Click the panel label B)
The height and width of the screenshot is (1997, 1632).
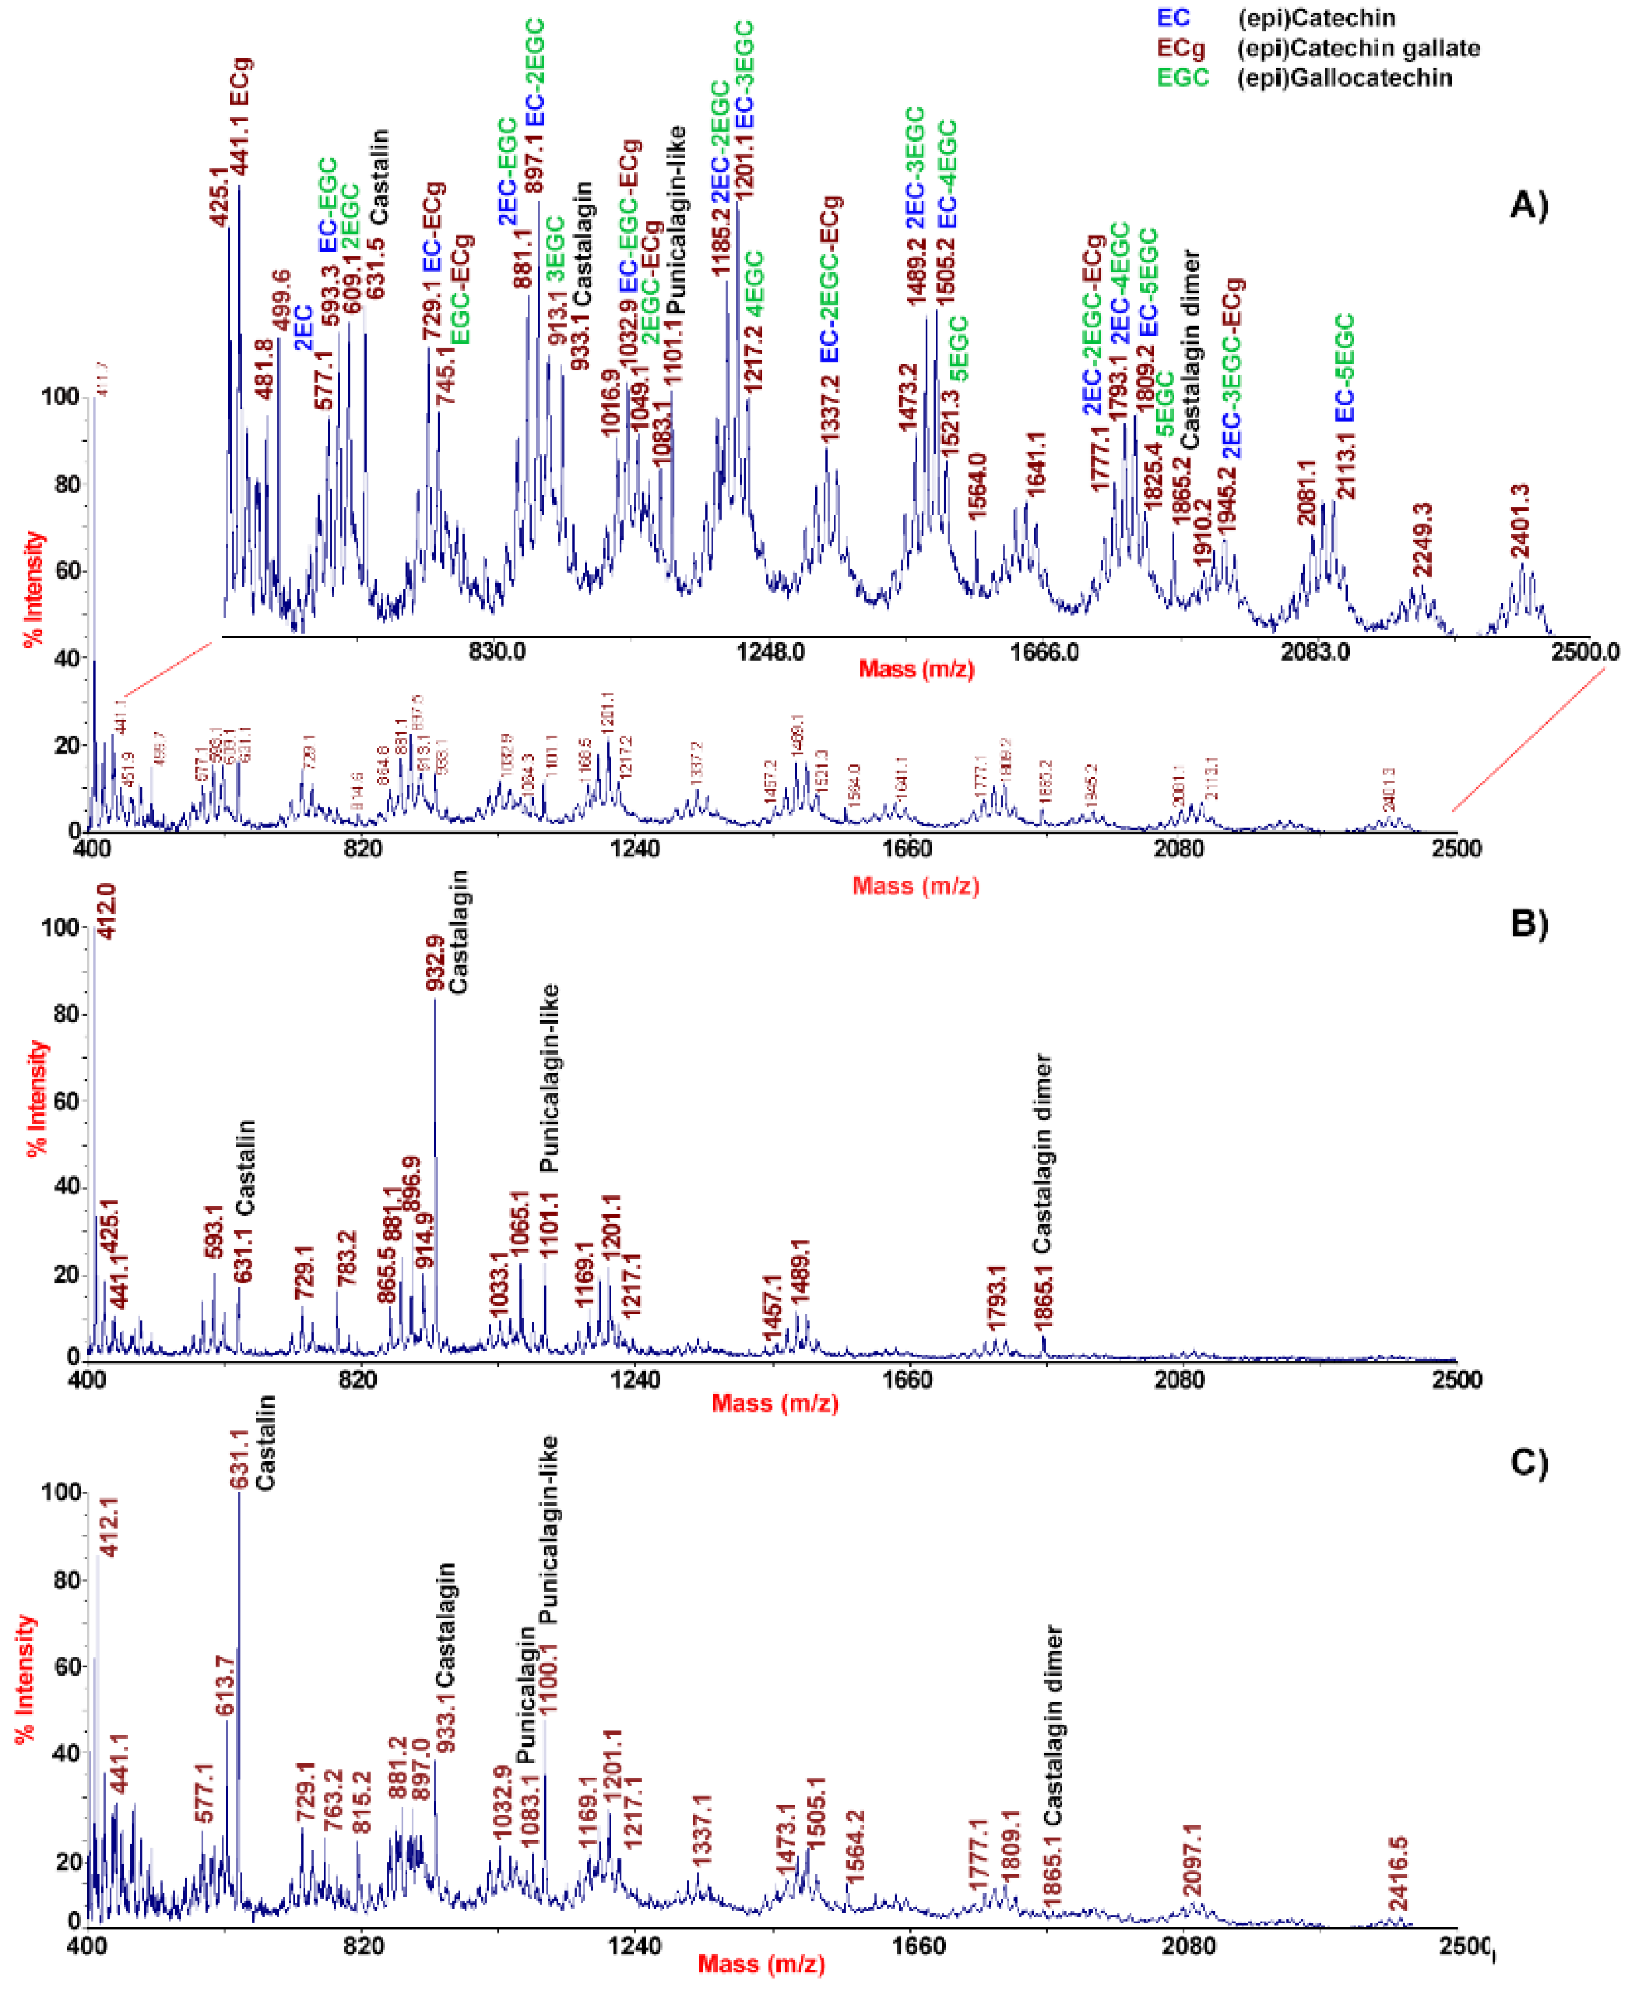(x=1528, y=924)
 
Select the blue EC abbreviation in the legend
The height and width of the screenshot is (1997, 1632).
(x=1173, y=18)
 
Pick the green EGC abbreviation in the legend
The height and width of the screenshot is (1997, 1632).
(x=1183, y=77)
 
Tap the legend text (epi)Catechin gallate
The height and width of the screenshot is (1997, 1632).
(x=1358, y=48)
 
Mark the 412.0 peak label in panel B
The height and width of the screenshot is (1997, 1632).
(x=106, y=910)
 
